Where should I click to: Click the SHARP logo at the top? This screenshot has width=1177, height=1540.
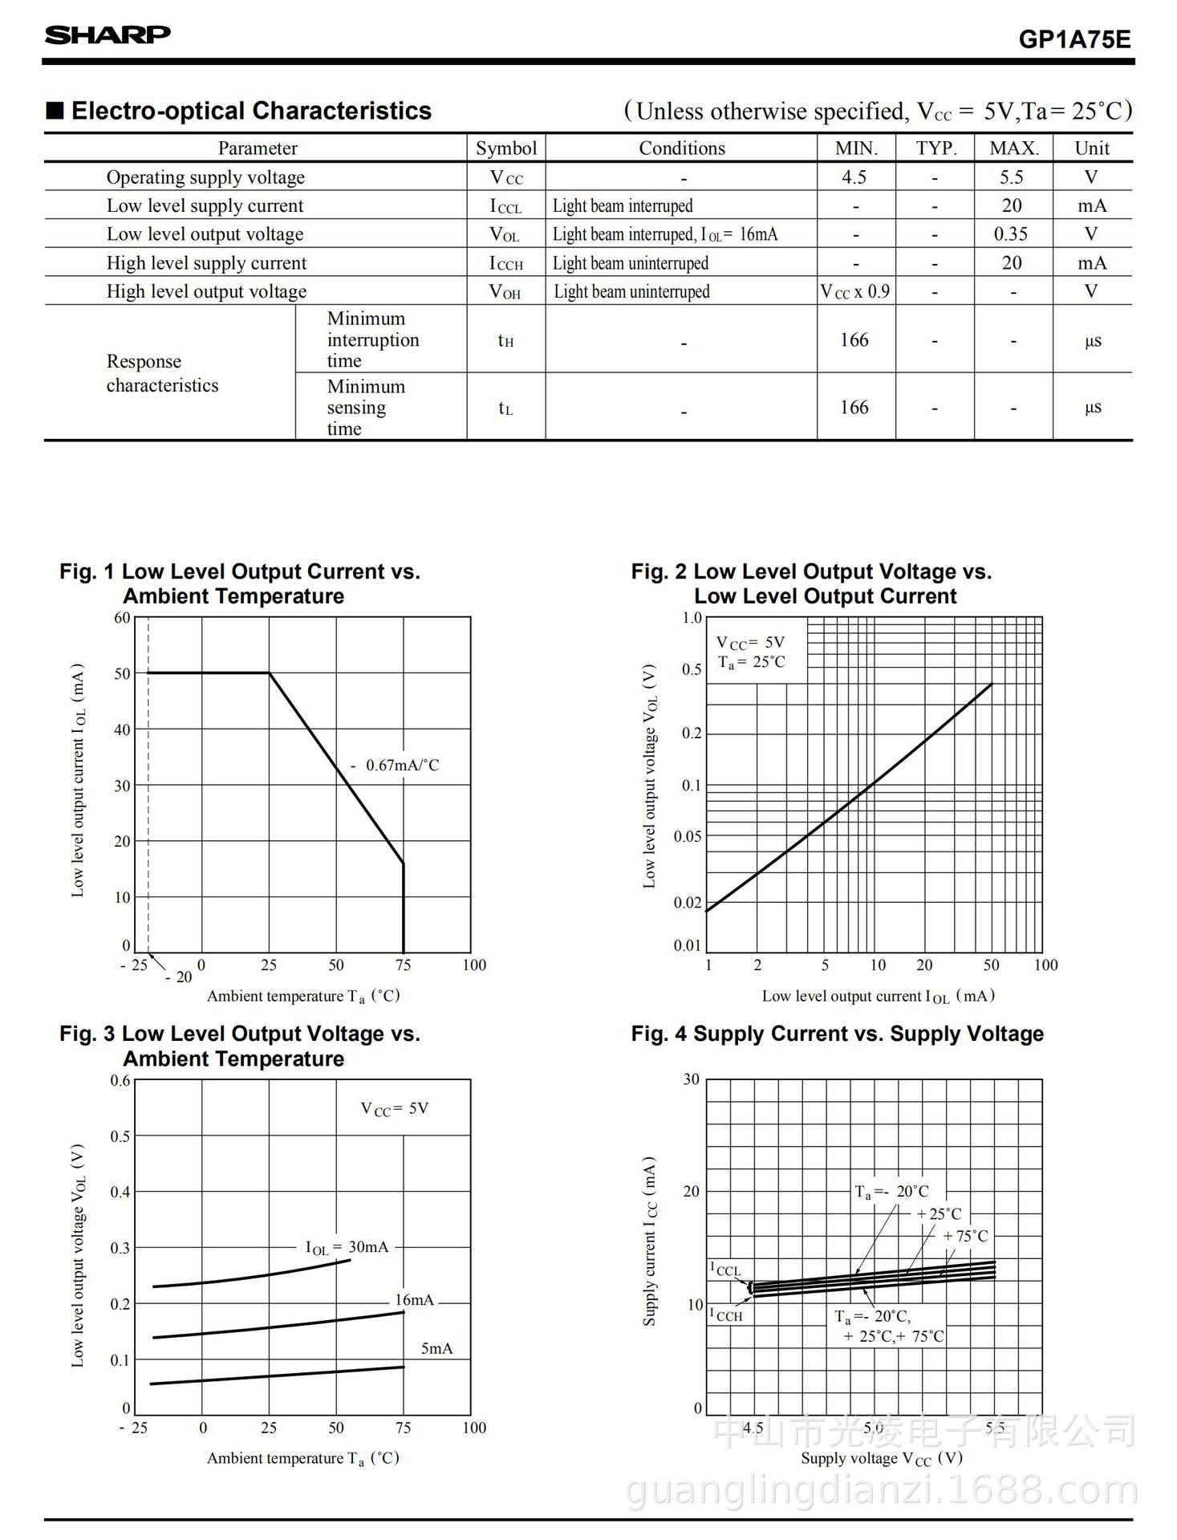pyautogui.click(x=108, y=35)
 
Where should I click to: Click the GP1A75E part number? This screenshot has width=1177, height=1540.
pyautogui.click(x=1074, y=39)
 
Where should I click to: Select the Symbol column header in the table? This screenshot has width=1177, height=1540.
pyautogui.click(x=506, y=148)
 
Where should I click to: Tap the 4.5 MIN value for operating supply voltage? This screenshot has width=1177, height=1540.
pyautogui.click(x=854, y=177)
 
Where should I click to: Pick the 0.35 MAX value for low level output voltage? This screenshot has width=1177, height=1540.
pyautogui.click(x=1011, y=234)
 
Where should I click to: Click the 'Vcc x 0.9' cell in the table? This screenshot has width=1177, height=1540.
pyautogui.click(x=855, y=291)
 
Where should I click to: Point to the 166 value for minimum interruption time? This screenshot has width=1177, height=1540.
pyautogui.click(x=854, y=340)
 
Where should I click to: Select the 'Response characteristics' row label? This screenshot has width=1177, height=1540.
pyautogui.click(x=162, y=373)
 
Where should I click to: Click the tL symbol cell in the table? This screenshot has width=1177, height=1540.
pyautogui.click(x=505, y=408)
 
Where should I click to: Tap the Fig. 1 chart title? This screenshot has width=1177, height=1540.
pyautogui.click(x=240, y=583)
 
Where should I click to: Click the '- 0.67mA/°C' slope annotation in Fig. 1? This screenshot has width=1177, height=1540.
pyautogui.click(x=396, y=766)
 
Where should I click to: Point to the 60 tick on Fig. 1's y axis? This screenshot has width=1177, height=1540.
pyautogui.click(x=122, y=618)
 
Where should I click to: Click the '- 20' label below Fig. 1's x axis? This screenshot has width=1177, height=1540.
pyautogui.click(x=180, y=977)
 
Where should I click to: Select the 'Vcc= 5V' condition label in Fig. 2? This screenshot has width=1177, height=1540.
pyautogui.click(x=750, y=643)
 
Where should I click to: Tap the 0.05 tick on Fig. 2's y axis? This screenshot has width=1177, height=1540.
pyautogui.click(x=688, y=836)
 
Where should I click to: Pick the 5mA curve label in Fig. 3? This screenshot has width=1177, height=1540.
pyautogui.click(x=436, y=1349)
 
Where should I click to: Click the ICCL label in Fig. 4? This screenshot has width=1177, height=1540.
pyautogui.click(x=726, y=1270)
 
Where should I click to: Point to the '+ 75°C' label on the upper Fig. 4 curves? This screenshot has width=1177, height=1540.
pyautogui.click(x=966, y=1237)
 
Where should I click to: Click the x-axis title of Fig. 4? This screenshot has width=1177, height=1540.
pyautogui.click(x=881, y=1458)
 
